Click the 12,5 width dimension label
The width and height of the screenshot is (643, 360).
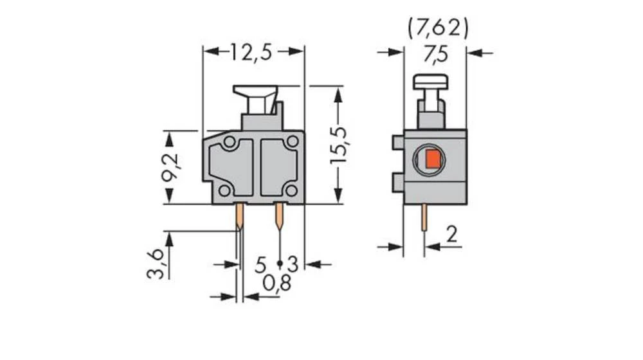(x=251, y=52)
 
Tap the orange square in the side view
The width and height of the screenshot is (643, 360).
(x=433, y=159)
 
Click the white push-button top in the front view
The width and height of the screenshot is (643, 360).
(x=255, y=93)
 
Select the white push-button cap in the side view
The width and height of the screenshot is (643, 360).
(x=430, y=82)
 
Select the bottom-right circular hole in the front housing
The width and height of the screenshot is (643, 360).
(x=291, y=190)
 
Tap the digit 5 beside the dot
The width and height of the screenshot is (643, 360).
(x=261, y=264)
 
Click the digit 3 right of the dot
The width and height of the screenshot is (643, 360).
(x=293, y=264)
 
